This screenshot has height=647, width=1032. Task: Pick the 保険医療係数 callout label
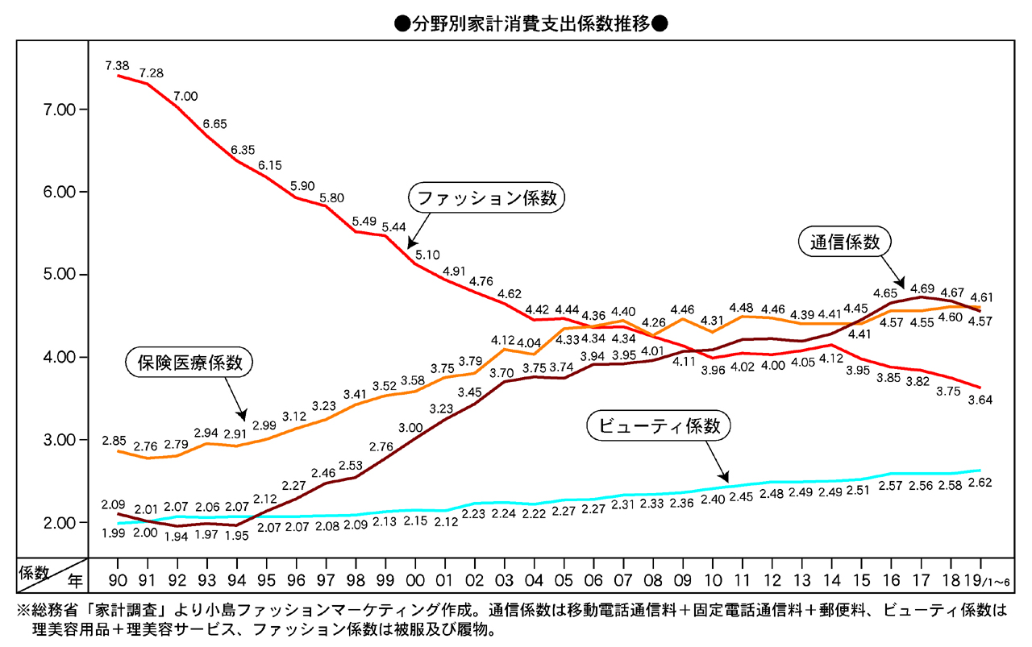point(189,363)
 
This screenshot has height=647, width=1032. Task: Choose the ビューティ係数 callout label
point(659,426)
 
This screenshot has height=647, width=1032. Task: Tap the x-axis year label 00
point(415,579)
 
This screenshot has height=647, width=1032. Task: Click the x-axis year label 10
point(713,579)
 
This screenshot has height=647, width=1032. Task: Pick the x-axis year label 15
point(862,579)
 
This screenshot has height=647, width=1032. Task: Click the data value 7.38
point(118,64)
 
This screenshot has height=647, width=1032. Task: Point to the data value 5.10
point(428,255)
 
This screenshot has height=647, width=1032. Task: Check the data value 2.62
point(980,483)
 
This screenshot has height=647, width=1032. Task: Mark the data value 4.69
point(920,288)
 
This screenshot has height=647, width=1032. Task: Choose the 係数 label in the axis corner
point(35,571)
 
